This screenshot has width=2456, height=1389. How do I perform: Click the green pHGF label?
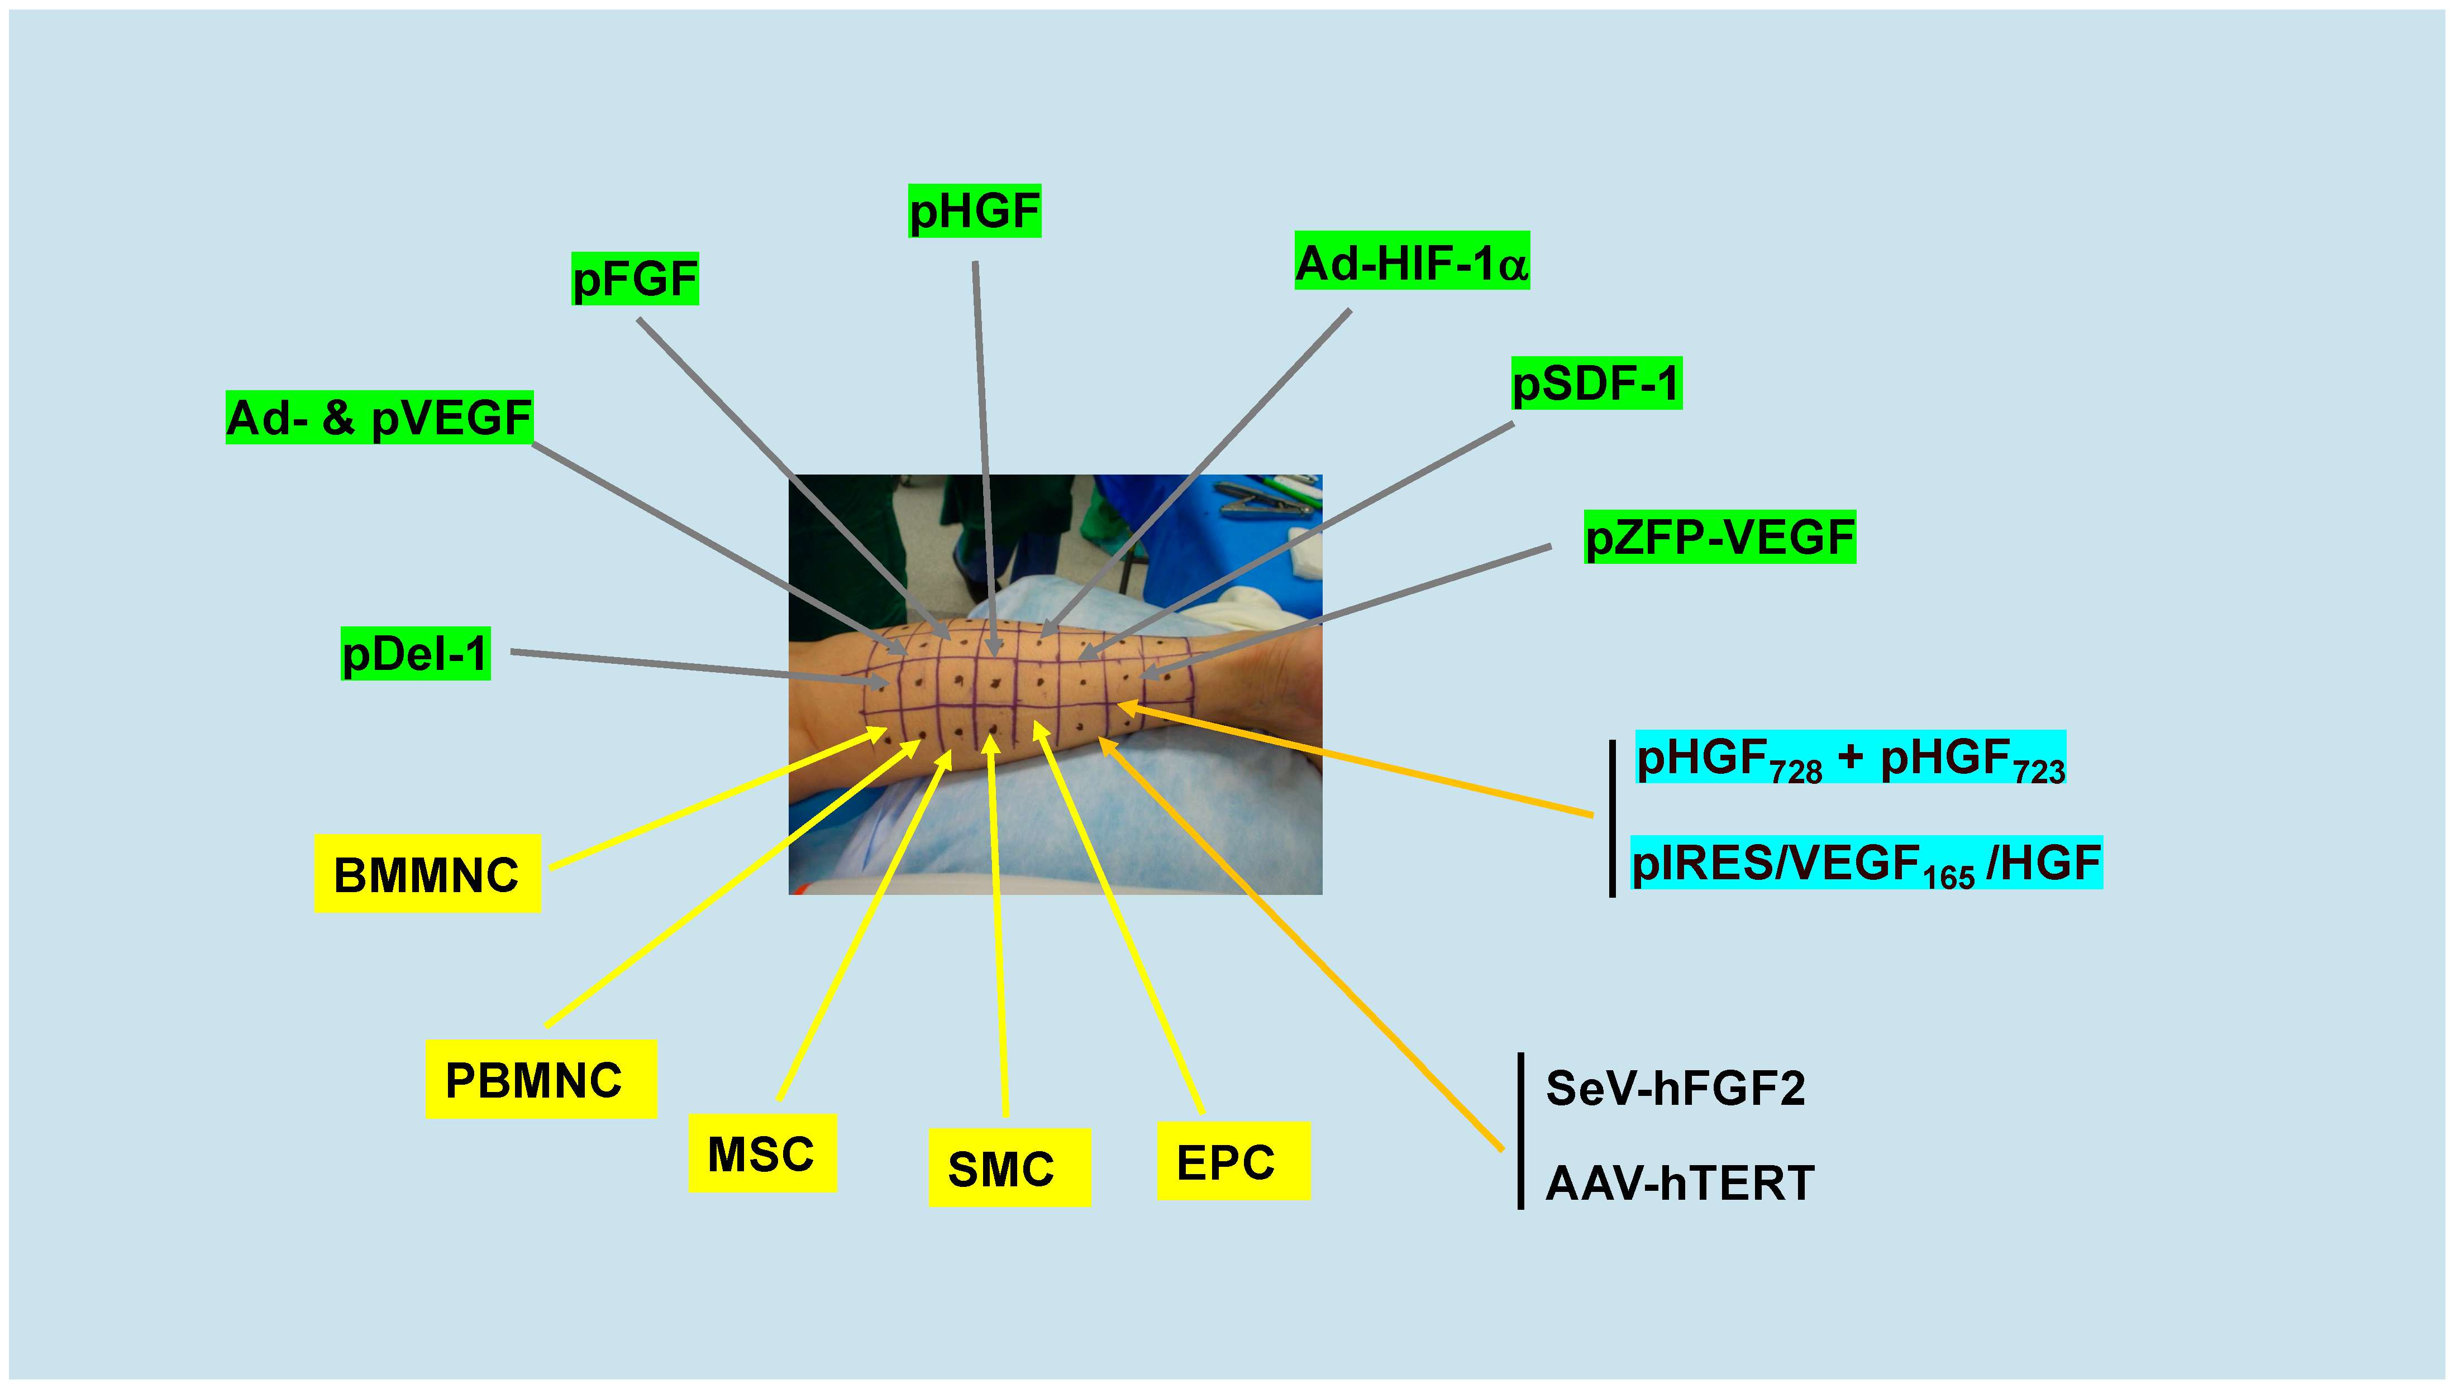click(x=974, y=211)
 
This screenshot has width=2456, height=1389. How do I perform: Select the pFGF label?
click(x=635, y=279)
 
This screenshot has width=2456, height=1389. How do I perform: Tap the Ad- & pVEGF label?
click(x=379, y=418)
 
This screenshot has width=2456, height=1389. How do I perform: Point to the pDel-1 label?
click(x=415, y=654)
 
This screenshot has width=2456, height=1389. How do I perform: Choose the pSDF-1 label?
click(x=1595, y=384)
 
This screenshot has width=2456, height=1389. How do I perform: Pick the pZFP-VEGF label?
click(x=1719, y=537)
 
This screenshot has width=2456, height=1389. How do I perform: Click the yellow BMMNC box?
click(x=427, y=874)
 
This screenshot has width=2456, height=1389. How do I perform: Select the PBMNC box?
click(x=540, y=1079)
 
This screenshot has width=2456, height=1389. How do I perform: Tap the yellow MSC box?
click(x=761, y=1152)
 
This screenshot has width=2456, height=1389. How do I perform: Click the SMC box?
click(x=1009, y=1168)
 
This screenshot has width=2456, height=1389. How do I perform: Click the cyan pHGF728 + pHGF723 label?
click(x=1849, y=758)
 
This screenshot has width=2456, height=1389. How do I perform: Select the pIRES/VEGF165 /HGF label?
click(x=1866, y=863)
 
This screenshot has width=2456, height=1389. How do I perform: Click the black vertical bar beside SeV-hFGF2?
click(x=1520, y=1131)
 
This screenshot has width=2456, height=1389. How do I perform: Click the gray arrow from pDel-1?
click(x=697, y=667)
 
